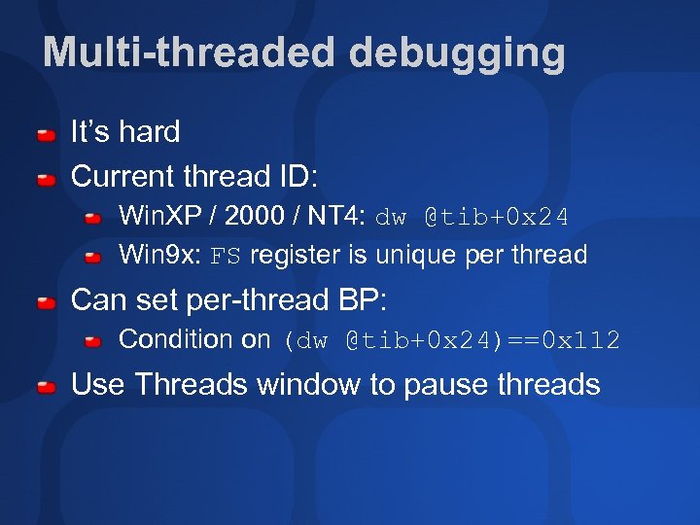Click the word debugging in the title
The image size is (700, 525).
pyautogui.click(x=456, y=53)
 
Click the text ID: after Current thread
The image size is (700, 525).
pyautogui.click(x=297, y=177)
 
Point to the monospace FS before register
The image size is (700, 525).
pyautogui.click(x=226, y=257)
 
